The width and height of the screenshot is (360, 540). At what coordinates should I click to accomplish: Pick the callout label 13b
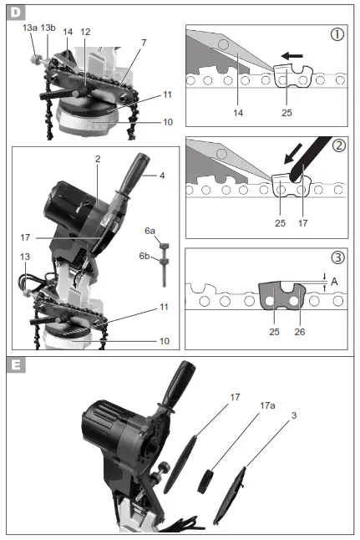[48, 28]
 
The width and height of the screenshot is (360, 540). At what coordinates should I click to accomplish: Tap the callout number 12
[85, 32]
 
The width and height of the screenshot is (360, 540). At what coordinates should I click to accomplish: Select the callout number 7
[144, 42]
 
